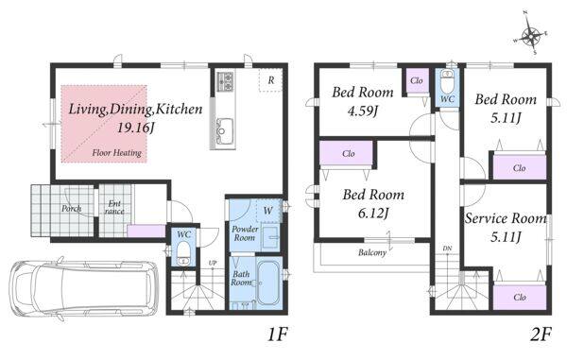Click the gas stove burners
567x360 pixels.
(x=225, y=81)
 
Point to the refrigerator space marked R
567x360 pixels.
(x=271, y=80)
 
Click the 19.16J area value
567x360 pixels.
(x=135, y=128)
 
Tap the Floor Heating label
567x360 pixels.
(x=116, y=153)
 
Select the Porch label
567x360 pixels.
(x=71, y=208)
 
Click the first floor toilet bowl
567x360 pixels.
(x=183, y=253)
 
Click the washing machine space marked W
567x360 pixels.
(x=268, y=210)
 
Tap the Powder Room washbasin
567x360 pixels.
(x=270, y=237)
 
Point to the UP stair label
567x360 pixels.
(x=213, y=263)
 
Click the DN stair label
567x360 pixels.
(x=447, y=249)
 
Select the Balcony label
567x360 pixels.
(x=372, y=252)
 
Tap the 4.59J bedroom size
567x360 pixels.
(x=362, y=111)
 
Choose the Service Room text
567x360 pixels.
(x=506, y=218)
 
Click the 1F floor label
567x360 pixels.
(x=277, y=334)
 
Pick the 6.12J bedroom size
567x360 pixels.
(x=373, y=214)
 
